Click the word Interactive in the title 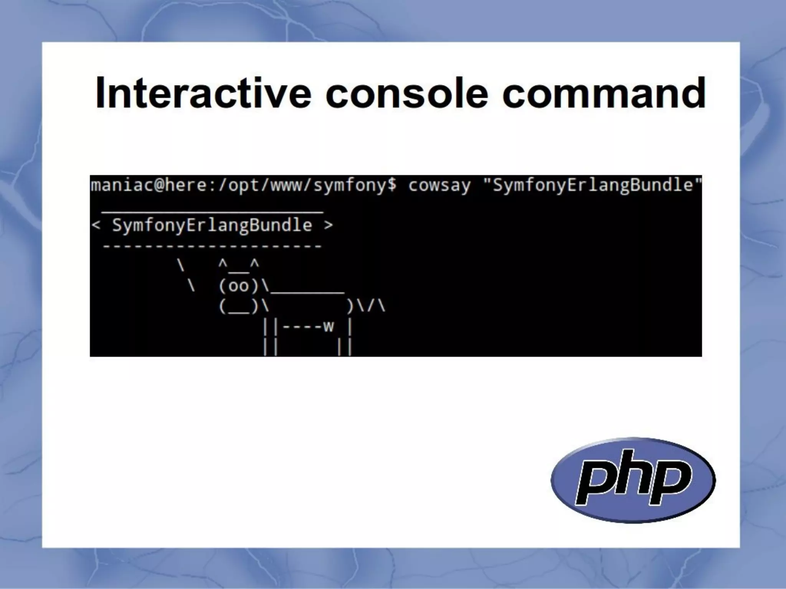coord(203,93)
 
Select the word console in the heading coord(407,93)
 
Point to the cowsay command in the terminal coord(439,186)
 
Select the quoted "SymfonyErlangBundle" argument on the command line coord(592,186)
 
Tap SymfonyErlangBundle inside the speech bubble coord(212,225)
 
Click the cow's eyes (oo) coord(239,286)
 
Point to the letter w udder coord(329,327)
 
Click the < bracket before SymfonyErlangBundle coord(96,225)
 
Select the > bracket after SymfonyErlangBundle coord(328,225)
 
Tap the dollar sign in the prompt coord(392,186)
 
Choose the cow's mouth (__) coord(239,307)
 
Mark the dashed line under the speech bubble coord(212,246)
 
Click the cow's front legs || coord(270,337)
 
